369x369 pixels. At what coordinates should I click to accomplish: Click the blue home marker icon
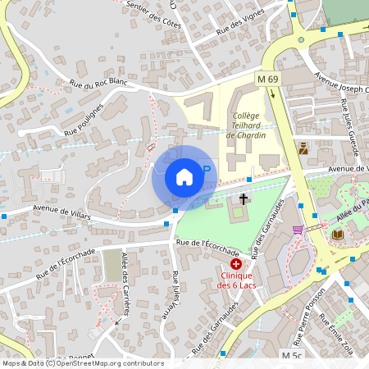coord(184,177)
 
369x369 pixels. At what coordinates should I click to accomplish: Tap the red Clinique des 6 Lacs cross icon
coord(236,264)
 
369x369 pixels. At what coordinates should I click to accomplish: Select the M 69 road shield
coord(267,79)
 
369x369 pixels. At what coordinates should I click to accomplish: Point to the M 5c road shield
coord(292,355)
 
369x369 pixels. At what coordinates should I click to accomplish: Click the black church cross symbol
coord(244,198)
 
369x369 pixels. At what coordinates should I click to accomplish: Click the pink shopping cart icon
coord(298,229)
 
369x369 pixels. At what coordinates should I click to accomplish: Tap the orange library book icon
coord(338,235)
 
